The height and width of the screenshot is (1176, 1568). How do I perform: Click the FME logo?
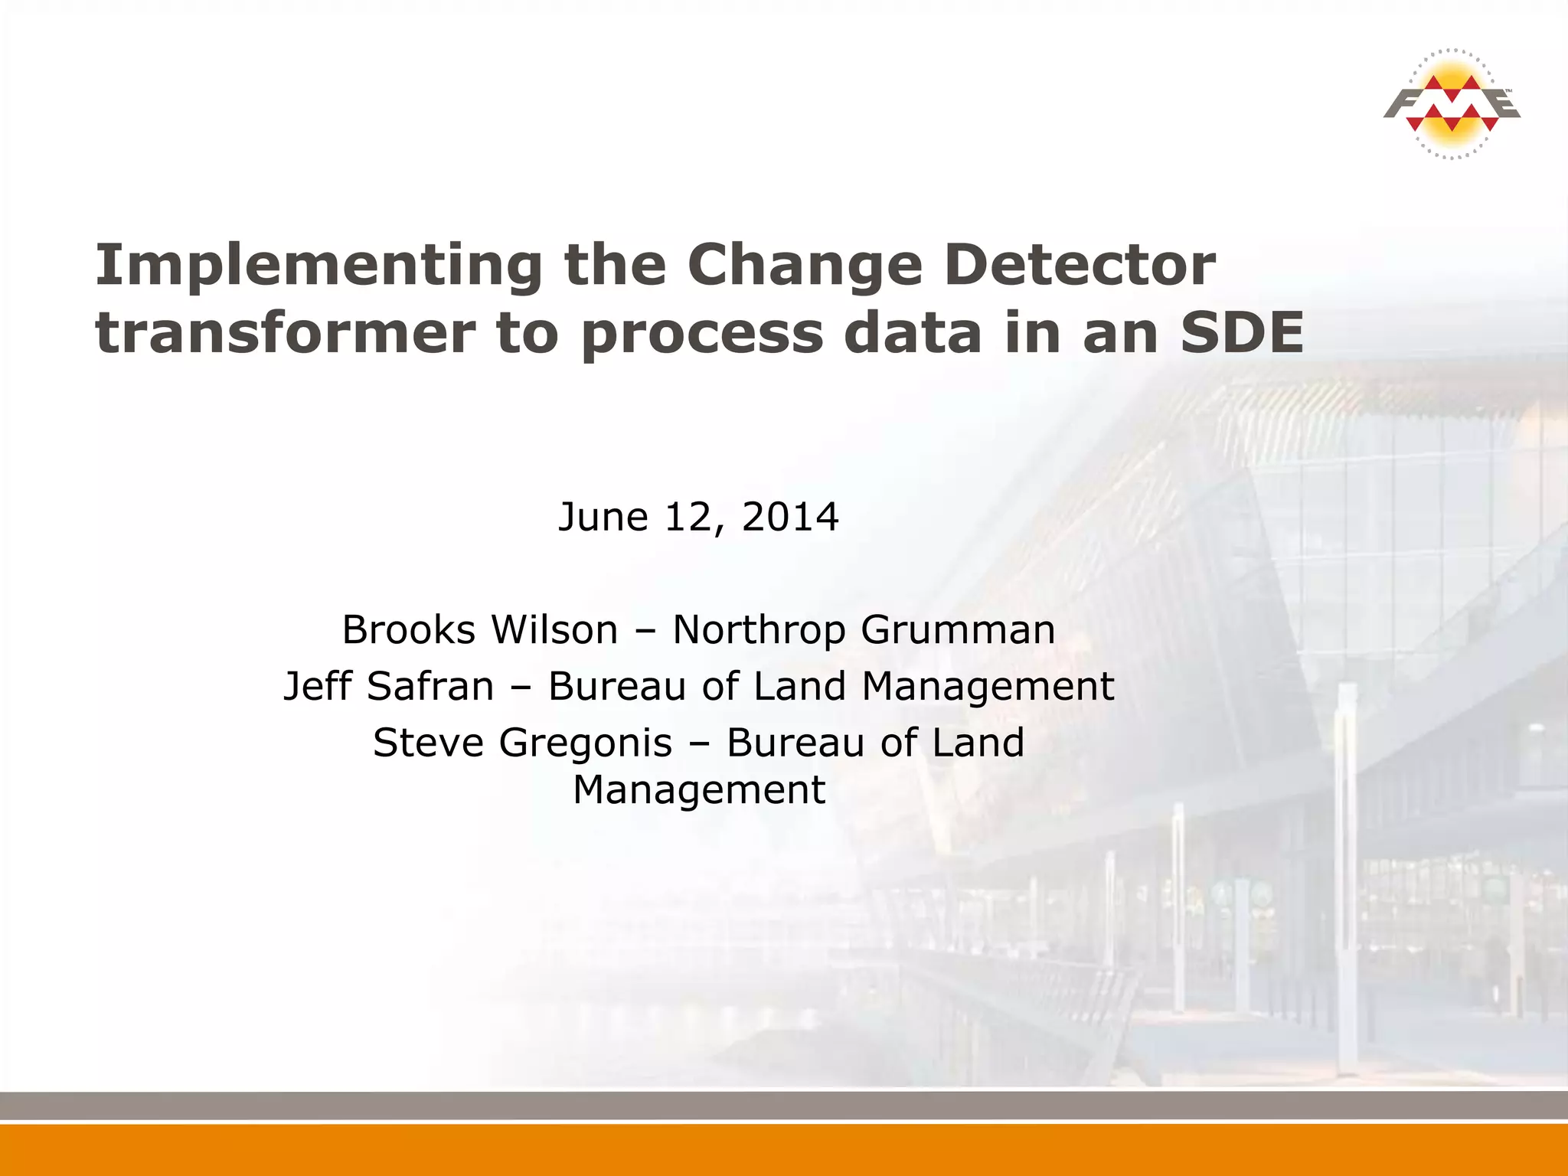pyautogui.click(x=1451, y=104)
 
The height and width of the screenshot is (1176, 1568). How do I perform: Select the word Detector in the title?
pyautogui.click(x=1080, y=265)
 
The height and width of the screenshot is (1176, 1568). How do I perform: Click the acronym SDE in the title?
pyautogui.click(x=1241, y=333)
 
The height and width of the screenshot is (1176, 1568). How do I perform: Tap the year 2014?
pyautogui.click(x=790, y=518)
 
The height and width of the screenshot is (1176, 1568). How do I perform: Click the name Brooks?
pyautogui.click(x=408, y=630)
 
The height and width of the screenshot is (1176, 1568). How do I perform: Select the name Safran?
pyautogui.click(x=430, y=686)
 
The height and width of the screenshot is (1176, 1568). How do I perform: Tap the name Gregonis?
pyautogui.click(x=586, y=743)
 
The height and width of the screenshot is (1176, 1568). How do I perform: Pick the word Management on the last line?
pyautogui.click(x=699, y=791)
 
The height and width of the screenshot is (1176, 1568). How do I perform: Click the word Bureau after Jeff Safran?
pyautogui.click(x=616, y=686)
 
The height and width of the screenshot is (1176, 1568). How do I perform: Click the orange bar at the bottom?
pyautogui.click(x=784, y=1150)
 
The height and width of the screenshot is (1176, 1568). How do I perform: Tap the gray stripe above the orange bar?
pyautogui.click(x=784, y=1106)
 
